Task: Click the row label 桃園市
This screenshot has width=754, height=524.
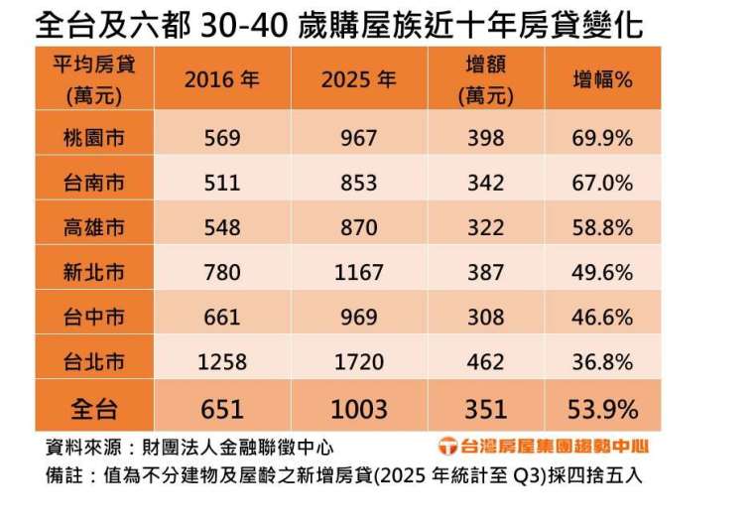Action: pos(93,138)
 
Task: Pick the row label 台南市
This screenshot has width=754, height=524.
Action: pos(93,183)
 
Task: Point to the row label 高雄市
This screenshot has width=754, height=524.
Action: pos(93,227)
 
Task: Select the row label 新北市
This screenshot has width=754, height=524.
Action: pos(93,272)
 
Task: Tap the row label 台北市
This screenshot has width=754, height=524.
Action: pos(93,361)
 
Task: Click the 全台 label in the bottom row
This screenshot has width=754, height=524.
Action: pos(93,408)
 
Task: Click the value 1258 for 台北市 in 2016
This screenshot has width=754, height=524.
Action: pos(222,361)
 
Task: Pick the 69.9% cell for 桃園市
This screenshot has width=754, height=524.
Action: pos(602,138)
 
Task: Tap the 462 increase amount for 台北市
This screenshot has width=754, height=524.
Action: pos(485,361)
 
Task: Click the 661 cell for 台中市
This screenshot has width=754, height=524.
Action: pos(222,317)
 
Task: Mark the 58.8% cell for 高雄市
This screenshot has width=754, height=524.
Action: pos(602,227)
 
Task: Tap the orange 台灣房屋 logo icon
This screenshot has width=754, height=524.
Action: pos(447,448)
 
